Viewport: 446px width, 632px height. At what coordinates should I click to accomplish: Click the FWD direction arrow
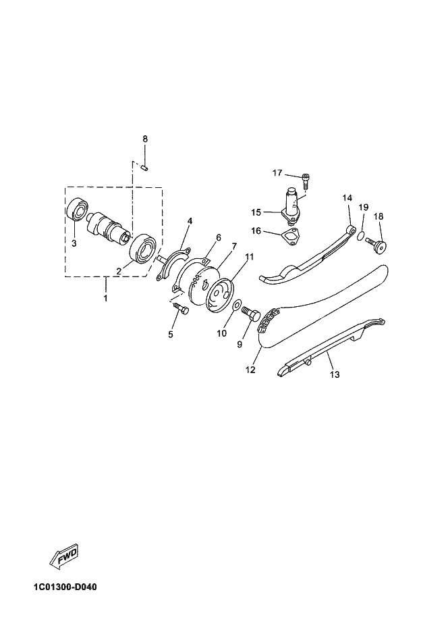64,556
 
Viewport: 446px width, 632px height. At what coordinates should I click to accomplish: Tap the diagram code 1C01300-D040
65,587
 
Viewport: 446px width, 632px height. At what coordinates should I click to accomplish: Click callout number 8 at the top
145,139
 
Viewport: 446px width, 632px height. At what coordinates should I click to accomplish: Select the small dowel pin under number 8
145,167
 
